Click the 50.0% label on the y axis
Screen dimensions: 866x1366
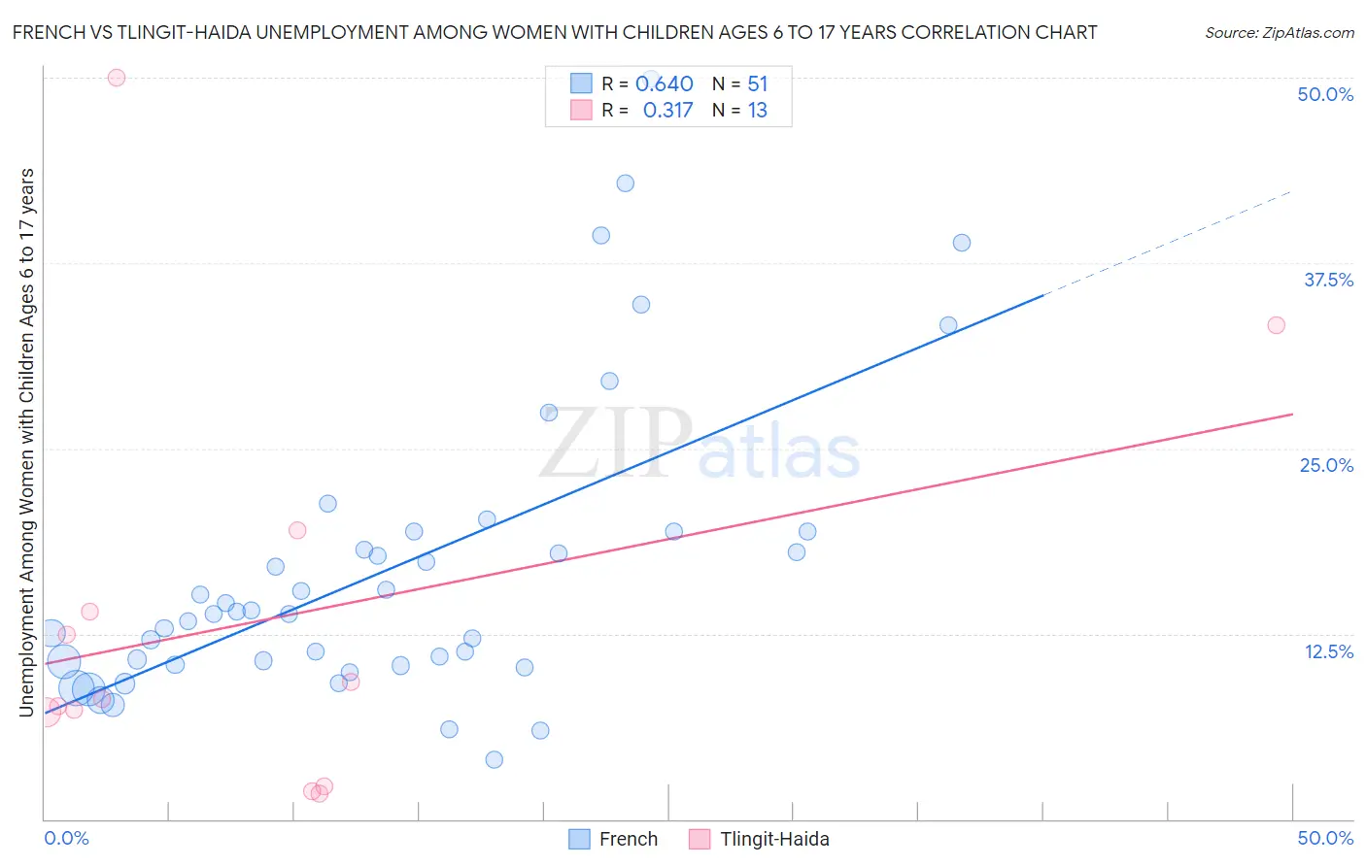pyautogui.click(x=1325, y=94)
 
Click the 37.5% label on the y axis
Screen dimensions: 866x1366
pyautogui.click(x=1328, y=280)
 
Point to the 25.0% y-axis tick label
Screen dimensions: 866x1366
pyautogui.click(x=1326, y=465)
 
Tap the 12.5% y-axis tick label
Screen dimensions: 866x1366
pyautogui.click(x=1328, y=651)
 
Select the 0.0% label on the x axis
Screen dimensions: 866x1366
pyautogui.click(x=66, y=838)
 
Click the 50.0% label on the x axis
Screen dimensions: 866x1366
pyautogui.click(x=1325, y=838)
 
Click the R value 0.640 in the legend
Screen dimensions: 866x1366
pyautogui.click(x=664, y=84)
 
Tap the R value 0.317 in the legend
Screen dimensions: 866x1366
pyautogui.click(x=667, y=111)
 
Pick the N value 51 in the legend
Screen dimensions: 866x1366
pyautogui.click(x=757, y=84)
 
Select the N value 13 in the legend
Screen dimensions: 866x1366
pyautogui.click(x=757, y=111)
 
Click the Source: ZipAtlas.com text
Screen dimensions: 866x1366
pyautogui.click(x=1279, y=33)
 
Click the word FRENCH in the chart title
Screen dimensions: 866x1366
pyautogui.click(x=48, y=32)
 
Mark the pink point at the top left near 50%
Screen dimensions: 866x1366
pyautogui.click(x=117, y=78)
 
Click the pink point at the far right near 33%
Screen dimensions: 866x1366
pyautogui.click(x=1276, y=325)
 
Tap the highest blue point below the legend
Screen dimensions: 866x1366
pyautogui.click(x=626, y=183)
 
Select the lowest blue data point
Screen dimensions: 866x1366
pyautogui.click(x=495, y=759)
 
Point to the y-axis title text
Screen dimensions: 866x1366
pyautogui.click(x=27, y=442)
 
